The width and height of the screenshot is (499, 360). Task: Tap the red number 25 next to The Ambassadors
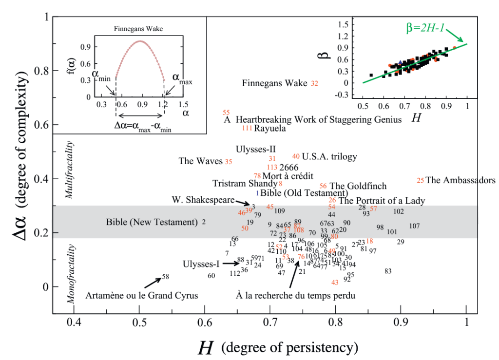(421, 180)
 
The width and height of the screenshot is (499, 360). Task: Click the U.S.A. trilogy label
(329, 156)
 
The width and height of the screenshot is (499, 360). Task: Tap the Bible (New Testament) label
(151, 222)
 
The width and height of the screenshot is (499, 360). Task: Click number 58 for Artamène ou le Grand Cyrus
(165, 277)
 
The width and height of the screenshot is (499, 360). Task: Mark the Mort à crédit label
(288, 176)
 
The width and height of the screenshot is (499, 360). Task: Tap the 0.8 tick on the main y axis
(42, 71)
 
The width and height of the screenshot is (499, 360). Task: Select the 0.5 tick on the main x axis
(139, 322)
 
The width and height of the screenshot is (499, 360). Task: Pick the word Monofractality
(71, 274)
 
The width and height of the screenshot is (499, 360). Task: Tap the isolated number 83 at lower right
(388, 271)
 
